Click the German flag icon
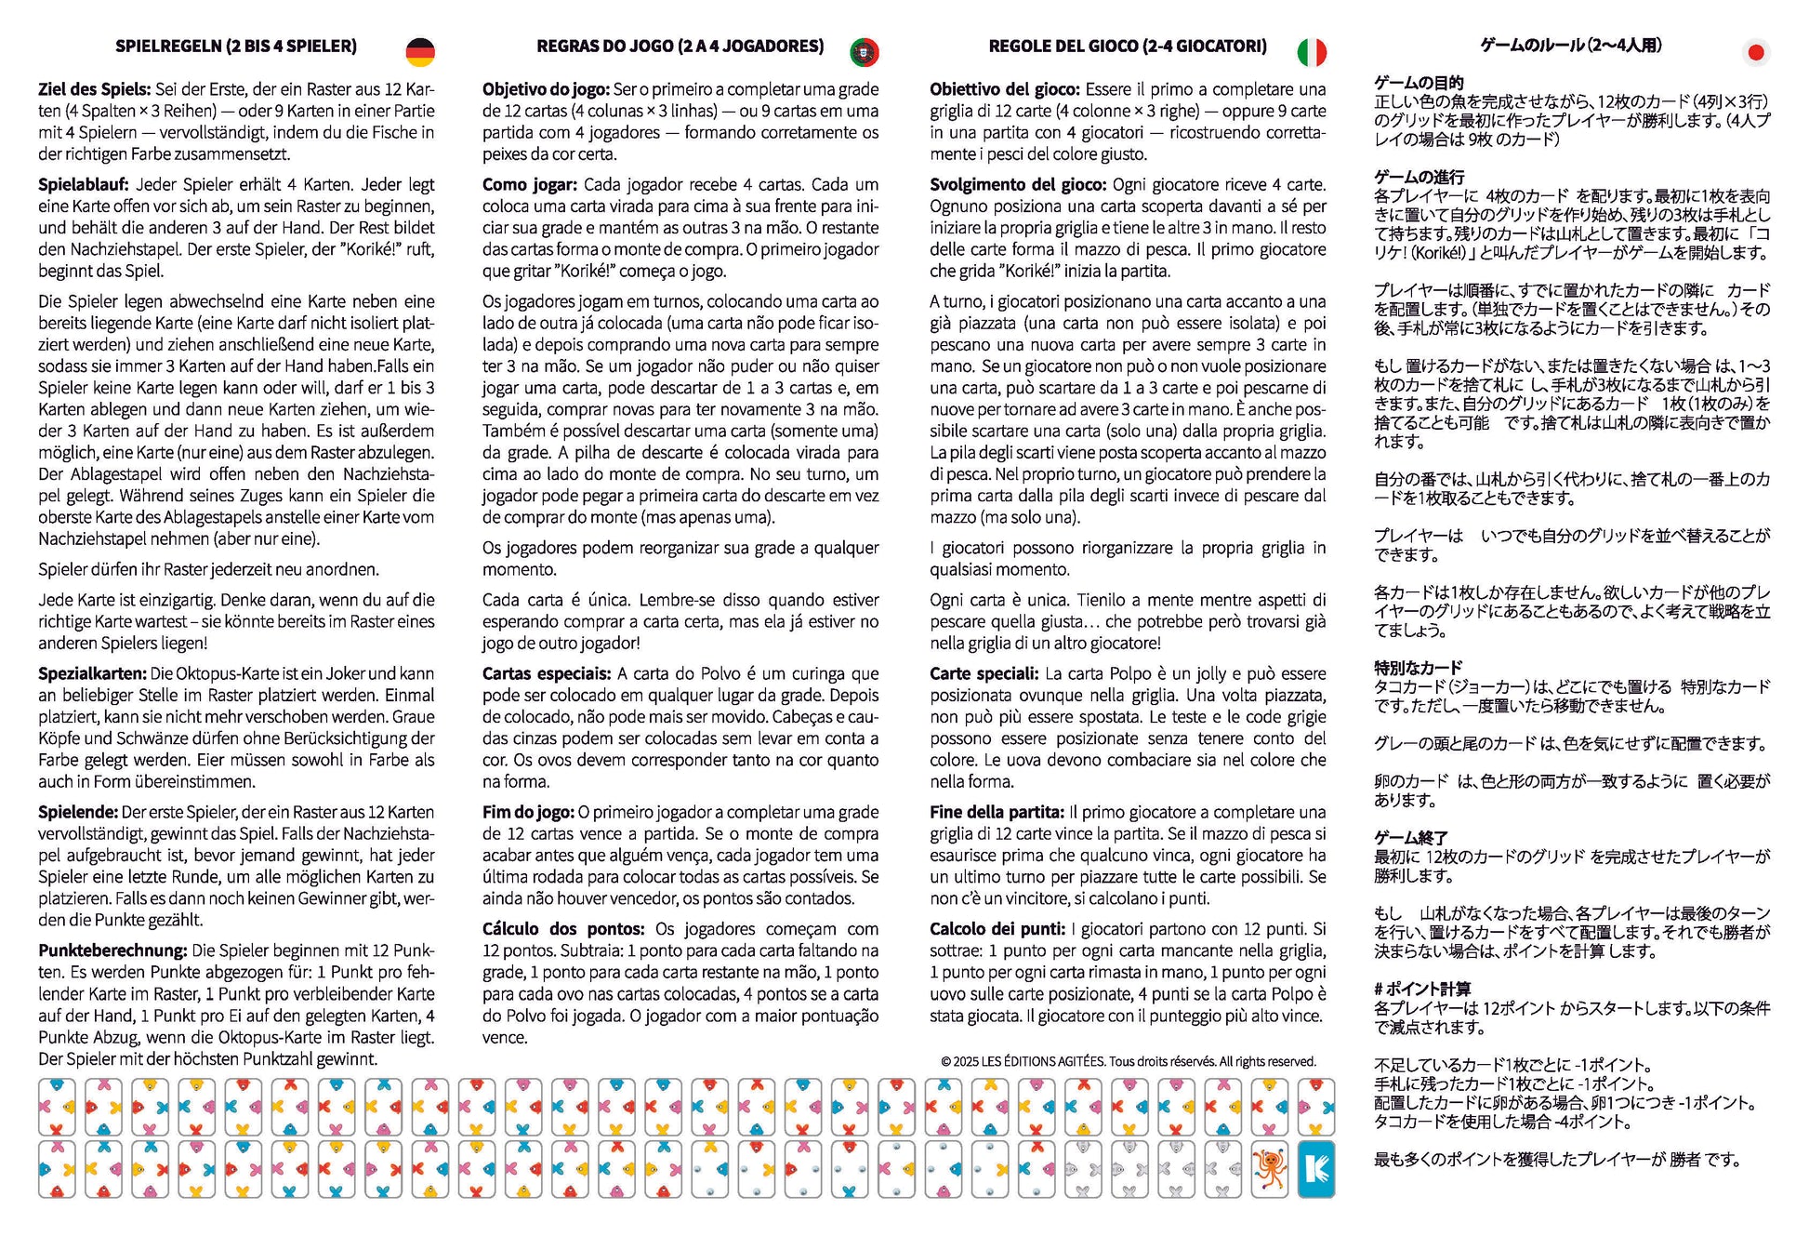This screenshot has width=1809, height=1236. pyautogui.click(x=420, y=52)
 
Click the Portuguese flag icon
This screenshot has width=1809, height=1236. pyautogui.click(x=865, y=52)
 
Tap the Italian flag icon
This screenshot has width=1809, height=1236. pyautogui.click(x=1312, y=52)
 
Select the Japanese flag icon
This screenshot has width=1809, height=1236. pyautogui.click(x=1755, y=52)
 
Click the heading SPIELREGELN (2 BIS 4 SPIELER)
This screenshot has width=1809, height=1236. pyautogui.click(x=236, y=47)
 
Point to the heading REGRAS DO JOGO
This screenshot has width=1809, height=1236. pyautogui.click(x=680, y=47)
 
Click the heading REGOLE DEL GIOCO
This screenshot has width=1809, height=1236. pyautogui.click(x=1128, y=47)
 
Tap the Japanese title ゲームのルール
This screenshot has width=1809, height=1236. pyautogui.click(x=1571, y=46)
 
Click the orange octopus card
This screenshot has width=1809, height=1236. pyautogui.click(x=1270, y=1169)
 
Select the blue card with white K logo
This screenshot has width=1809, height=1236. pyautogui.click(x=1316, y=1169)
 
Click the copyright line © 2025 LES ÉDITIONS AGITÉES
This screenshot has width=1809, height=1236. pyautogui.click(x=1129, y=1061)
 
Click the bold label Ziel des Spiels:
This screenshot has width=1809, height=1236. pyautogui.click(x=94, y=89)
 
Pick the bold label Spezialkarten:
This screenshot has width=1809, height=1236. pyautogui.click(x=92, y=673)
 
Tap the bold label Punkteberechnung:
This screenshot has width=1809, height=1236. pyautogui.click(x=112, y=950)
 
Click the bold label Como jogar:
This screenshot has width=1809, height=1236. pyautogui.click(x=529, y=184)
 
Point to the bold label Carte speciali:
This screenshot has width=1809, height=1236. pyautogui.click(x=984, y=673)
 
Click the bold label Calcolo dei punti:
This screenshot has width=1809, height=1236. pyautogui.click(x=997, y=929)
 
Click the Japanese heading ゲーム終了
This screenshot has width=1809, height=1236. pyautogui.click(x=1410, y=838)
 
